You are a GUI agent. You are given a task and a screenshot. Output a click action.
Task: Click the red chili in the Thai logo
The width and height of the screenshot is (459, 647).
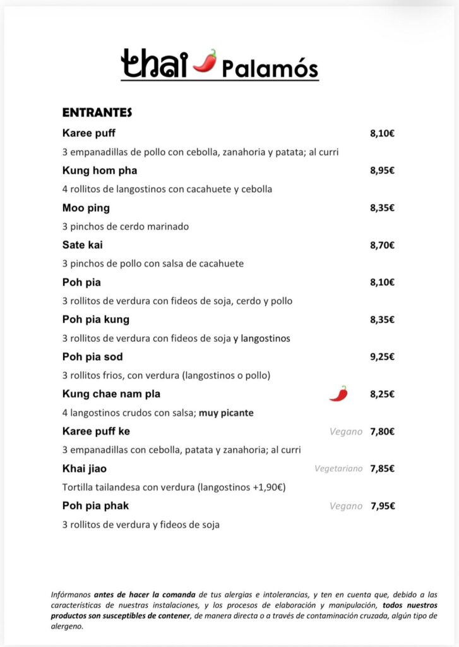coord(205,62)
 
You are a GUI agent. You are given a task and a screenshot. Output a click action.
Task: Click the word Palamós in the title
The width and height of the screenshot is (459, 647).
coord(270,68)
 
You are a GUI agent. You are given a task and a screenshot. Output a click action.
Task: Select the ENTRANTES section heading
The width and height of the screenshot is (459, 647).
coord(97,112)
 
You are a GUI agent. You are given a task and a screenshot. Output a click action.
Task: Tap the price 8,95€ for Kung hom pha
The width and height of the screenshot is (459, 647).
coord(382,171)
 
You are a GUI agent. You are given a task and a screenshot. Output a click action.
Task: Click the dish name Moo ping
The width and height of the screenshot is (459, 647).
coord(86,208)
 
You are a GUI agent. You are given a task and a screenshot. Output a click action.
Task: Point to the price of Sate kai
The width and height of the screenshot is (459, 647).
coord(382,245)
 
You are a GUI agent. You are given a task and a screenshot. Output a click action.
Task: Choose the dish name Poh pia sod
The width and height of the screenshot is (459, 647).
coord(93,357)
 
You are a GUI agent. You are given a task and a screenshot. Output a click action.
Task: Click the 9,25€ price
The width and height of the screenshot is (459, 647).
coord(382,357)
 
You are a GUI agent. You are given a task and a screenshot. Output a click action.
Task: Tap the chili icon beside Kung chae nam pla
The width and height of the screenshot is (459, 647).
coord(338,394)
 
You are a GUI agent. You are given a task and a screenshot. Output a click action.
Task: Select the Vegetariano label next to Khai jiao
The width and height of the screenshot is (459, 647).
coord(338,469)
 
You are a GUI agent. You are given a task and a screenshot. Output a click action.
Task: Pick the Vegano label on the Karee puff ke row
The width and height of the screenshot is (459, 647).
coord(346,432)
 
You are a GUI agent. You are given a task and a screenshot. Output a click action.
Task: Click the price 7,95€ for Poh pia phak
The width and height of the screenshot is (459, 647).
coord(382,506)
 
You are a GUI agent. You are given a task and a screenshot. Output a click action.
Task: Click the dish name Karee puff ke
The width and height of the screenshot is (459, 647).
coord(96,432)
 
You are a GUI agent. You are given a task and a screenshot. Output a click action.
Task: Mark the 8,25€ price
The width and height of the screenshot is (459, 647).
coord(382,394)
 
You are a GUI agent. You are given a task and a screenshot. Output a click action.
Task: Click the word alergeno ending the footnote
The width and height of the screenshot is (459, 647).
coord(66,627)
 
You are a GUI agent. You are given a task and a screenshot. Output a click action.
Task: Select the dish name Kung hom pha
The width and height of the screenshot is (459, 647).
coord(100,171)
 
